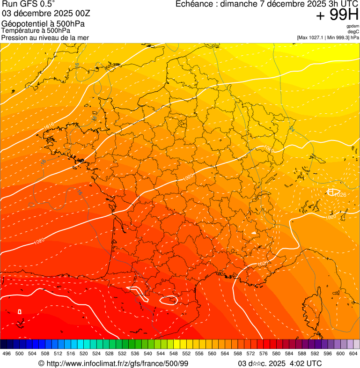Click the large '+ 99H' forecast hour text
click(x=337, y=15)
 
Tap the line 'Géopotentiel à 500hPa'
click(x=43, y=24)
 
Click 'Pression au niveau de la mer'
click(x=45, y=37)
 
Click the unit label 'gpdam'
click(x=353, y=26)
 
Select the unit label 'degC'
click(x=353, y=32)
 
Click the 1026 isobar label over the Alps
click(x=340, y=194)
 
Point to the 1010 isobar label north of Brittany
click(x=49, y=125)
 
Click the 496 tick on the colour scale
click(x=7, y=354)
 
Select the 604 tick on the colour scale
click(x=353, y=354)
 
